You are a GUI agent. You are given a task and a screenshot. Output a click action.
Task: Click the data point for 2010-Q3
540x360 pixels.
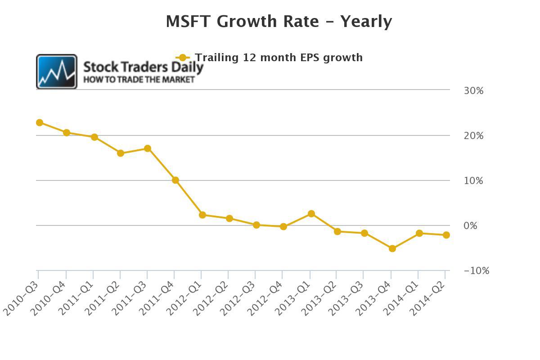pyautogui.click(x=40, y=123)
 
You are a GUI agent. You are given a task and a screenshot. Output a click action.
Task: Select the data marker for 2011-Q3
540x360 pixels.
pyautogui.click(x=148, y=148)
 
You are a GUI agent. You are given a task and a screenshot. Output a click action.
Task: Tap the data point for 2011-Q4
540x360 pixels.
pyautogui.click(x=175, y=180)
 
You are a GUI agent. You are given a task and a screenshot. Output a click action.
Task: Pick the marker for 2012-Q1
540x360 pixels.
pyautogui.click(x=202, y=215)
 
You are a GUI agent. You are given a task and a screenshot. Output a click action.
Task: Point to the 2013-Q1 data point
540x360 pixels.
pyautogui.click(x=311, y=214)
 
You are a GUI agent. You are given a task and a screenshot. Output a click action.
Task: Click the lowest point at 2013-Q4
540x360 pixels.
pyautogui.click(x=392, y=248)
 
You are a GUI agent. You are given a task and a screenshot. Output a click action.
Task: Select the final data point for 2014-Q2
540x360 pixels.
pyautogui.click(x=446, y=235)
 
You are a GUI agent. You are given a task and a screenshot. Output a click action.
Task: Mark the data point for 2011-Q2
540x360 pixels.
pyautogui.click(x=121, y=153)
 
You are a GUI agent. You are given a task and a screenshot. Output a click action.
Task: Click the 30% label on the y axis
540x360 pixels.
pyautogui.click(x=474, y=91)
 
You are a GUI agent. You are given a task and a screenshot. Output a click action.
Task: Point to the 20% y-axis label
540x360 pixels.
pyautogui.click(x=474, y=136)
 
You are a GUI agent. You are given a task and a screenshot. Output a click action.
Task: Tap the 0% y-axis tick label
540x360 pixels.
pyautogui.click(x=470, y=226)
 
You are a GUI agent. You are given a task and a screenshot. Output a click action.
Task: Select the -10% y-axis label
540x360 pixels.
pyautogui.click(x=477, y=271)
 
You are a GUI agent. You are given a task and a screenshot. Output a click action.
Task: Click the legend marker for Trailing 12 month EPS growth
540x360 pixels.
pyautogui.click(x=183, y=58)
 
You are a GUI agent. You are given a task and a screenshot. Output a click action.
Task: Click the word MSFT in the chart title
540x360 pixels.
pyautogui.click(x=188, y=22)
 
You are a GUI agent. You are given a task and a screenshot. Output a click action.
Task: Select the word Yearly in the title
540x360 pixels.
pyautogui.click(x=366, y=22)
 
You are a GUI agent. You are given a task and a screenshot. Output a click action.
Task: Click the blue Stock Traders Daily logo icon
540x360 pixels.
pyautogui.click(x=57, y=72)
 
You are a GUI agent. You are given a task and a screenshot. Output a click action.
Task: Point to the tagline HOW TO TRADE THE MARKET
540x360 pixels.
pyautogui.click(x=139, y=80)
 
